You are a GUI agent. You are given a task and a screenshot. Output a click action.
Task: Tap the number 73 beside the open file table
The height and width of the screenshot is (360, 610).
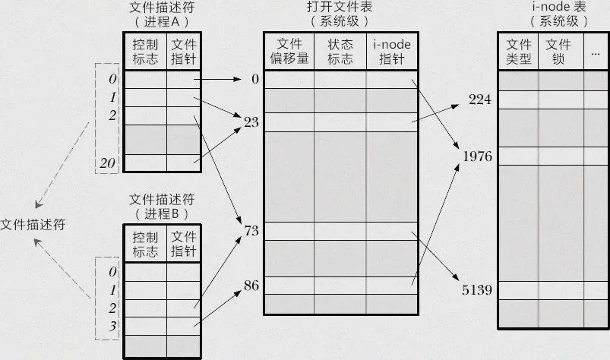pyautogui.click(x=251, y=229)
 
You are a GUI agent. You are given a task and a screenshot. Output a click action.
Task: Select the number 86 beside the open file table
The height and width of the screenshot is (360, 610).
pyautogui.click(x=251, y=286)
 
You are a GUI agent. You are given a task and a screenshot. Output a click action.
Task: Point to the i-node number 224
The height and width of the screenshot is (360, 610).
pyautogui.click(x=480, y=100)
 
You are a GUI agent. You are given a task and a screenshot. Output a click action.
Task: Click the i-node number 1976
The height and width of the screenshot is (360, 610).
pyautogui.click(x=477, y=156)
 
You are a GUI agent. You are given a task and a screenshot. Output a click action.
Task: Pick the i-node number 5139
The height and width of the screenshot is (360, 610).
pyautogui.click(x=477, y=289)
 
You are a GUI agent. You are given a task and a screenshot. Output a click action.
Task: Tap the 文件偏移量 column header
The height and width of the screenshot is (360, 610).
pyautogui.click(x=289, y=52)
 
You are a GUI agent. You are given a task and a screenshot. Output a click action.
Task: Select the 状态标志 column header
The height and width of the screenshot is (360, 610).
pyautogui.click(x=340, y=52)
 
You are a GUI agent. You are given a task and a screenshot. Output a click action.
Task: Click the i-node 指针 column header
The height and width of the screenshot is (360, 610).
pyautogui.click(x=392, y=52)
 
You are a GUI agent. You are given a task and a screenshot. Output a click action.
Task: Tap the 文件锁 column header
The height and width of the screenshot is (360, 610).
pyautogui.click(x=558, y=52)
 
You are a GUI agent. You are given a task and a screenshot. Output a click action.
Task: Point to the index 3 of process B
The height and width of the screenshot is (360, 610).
pyautogui.click(x=112, y=325)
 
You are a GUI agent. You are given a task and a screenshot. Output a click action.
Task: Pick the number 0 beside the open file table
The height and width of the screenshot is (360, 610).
pyautogui.click(x=255, y=78)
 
